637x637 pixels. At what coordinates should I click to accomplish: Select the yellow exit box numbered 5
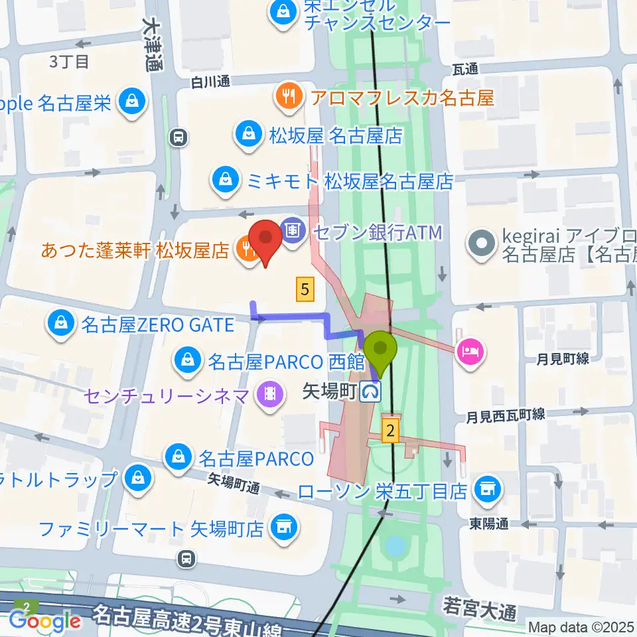[x=305, y=289]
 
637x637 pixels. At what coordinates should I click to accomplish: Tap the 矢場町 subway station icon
[x=372, y=393]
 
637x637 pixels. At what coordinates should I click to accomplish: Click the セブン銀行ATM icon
[x=293, y=232]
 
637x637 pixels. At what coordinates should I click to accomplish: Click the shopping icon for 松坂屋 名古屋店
[x=248, y=135]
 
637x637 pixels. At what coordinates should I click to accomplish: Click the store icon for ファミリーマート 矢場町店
[x=285, y=528]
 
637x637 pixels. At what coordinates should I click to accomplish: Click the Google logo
[x=45, y=621]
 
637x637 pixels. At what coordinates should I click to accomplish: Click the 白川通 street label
[x=210, y=82]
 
